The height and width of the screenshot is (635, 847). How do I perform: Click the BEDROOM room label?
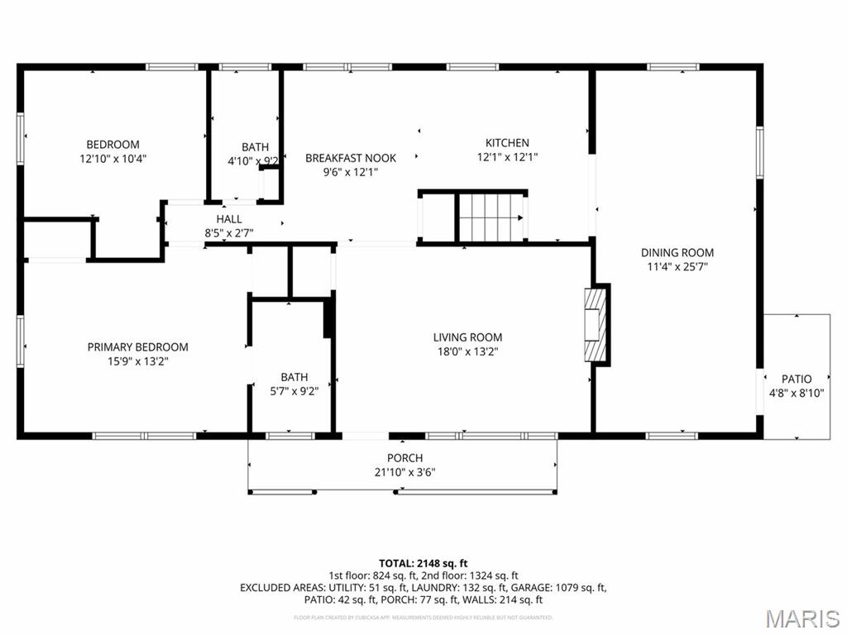pos(113,144)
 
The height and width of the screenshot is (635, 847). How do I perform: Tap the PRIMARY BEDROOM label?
pos(138,347)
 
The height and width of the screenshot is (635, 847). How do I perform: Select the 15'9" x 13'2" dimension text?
pos(138,361)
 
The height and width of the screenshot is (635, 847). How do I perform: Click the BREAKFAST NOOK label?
pos(351,158)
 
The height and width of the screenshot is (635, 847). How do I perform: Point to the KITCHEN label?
pos(507,143)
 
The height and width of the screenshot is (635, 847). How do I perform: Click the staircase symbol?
pos(491,217)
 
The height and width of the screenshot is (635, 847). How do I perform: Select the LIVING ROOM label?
pos(467,337)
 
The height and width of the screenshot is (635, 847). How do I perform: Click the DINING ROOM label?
pos(677,253)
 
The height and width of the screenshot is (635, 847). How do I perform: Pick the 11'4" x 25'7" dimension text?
pos(677,267)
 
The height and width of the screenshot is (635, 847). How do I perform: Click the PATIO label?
pos(797,380)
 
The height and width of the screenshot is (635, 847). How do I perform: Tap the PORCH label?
pos(404,458)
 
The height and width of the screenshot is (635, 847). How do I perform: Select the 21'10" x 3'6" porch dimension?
pos(404,472)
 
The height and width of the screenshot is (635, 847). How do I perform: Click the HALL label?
pos(229,219)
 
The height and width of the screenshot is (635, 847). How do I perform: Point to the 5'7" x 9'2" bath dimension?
pos(294,391)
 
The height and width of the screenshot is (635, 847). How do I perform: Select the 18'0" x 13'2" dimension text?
pos(467,351)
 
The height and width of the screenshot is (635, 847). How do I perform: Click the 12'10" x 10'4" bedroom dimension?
pos(113,158)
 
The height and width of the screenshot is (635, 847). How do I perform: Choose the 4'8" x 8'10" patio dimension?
pos(797,394)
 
